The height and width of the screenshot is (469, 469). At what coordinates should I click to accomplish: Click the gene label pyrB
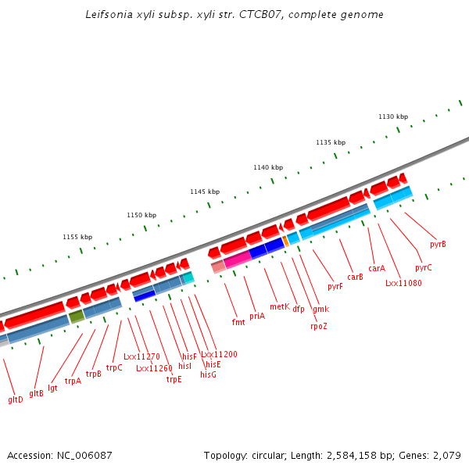coord(439,244)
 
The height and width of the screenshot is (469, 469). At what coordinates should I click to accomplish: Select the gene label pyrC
coord(424,267)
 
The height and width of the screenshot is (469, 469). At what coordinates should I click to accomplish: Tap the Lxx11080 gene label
coord(403,283)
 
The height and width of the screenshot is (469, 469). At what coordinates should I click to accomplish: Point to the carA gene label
coord(377,268)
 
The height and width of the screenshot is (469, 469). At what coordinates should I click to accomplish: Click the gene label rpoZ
coord(319,326)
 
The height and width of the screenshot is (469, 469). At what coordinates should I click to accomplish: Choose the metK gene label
coord(280,306)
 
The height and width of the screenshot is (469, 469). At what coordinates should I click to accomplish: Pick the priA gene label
coord(257,316)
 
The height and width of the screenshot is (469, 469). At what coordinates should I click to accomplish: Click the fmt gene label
coord(238,322)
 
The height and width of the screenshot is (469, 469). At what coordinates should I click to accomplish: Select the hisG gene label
coord(208,374)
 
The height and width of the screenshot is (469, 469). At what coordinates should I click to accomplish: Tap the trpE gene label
coord(174,380)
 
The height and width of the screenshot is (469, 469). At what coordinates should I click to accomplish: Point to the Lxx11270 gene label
coord(141,356)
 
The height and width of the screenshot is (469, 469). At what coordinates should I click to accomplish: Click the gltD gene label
coord(16,399)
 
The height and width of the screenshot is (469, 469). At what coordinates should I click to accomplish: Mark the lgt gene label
coord(52,387)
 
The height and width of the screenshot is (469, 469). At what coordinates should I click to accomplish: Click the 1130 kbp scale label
coord(393,116)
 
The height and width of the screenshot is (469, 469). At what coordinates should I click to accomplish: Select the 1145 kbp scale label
coord(205,192)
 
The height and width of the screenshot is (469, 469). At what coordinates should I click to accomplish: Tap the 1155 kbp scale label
coord(77,237)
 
